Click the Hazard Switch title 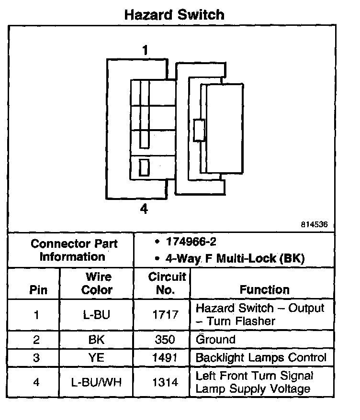174,14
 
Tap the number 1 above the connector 145,50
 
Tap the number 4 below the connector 144,209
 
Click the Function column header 264,289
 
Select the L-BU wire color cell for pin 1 97,315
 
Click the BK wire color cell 97,340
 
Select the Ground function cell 216,340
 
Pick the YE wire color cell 97,358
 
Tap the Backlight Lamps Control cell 261,358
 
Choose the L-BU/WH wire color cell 97,382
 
